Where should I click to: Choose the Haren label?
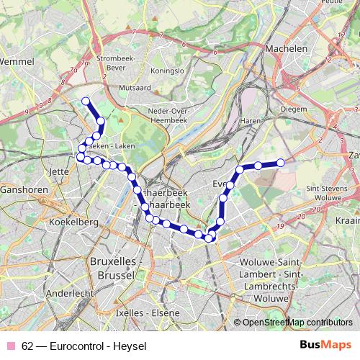click(x=249, y=120)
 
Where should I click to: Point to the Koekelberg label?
click(x=73, y=222)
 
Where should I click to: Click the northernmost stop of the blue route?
click(x=86, y=102)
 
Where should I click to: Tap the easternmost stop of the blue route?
click(x=281, y=163)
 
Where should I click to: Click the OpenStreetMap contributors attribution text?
click(x=297, y=323)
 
